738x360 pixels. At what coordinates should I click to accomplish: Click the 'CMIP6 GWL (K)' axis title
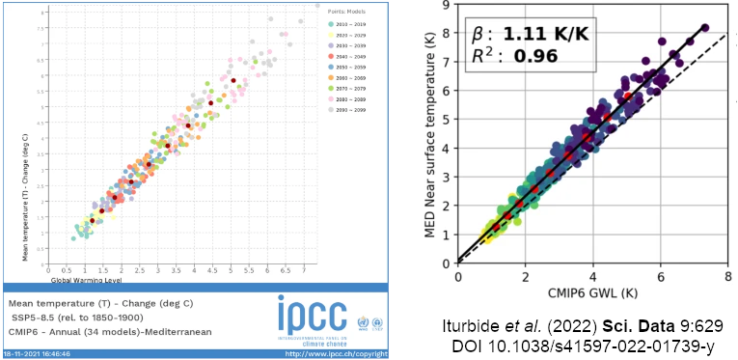pos(589,291)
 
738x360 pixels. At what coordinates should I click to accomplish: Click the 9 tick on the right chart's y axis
pos(446,6)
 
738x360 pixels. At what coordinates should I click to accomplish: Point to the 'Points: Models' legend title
pos(336,11)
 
